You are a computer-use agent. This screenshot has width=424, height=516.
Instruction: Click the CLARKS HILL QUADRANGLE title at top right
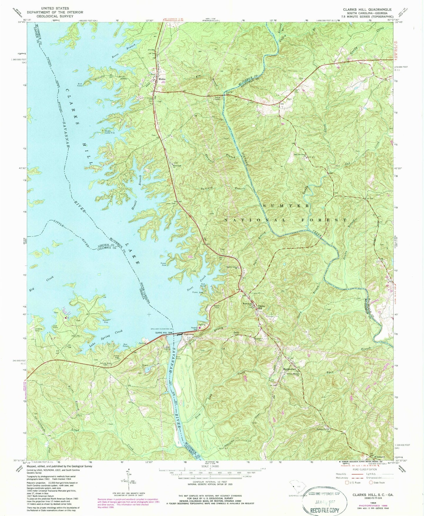(x=367, y=9)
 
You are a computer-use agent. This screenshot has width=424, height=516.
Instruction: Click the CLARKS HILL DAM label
(x=163, y=333)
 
